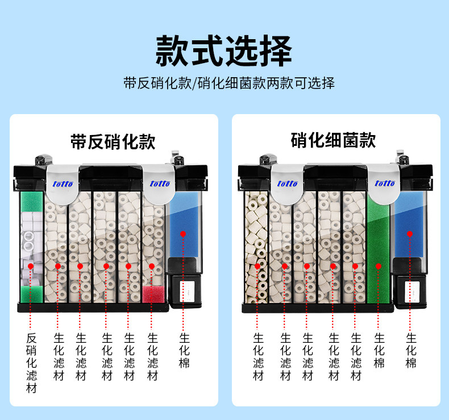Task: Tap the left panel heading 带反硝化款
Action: pos(113,141)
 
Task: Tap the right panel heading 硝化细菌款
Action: pos(333,140)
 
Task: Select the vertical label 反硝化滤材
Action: pos(32,363)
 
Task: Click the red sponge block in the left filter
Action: pos(152,294)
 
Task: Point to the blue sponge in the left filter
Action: pos(183,224)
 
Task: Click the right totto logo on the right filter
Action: pos(384,183)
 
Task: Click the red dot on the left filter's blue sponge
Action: pos(183,233)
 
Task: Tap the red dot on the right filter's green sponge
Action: pos(377,265)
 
